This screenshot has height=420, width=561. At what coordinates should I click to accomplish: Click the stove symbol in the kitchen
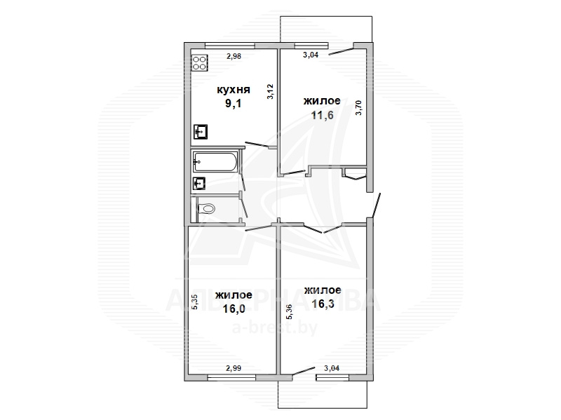coord(200,62)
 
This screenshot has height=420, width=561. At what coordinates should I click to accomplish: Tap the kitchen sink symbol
coord(201,131)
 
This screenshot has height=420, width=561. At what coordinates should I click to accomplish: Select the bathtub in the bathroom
coord(215,162)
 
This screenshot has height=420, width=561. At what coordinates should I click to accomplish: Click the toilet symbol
coord(205,208)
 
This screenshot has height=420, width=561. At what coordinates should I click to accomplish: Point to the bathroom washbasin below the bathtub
coord(199,184)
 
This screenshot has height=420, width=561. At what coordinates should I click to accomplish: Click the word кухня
coord(234,90)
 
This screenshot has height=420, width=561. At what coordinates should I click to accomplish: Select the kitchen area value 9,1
coord(234,104)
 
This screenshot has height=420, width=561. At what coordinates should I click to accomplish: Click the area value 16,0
coord(234,309)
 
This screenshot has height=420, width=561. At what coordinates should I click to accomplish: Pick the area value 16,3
coord(323,304)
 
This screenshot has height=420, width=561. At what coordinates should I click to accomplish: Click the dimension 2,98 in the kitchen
coord(234,56)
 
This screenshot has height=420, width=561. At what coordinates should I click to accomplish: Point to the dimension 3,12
coord(270,92)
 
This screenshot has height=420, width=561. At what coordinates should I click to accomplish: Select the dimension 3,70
coord(358,108)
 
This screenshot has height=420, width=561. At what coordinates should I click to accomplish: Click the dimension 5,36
coord(290,311)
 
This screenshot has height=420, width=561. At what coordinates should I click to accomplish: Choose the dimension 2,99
coord(234,368)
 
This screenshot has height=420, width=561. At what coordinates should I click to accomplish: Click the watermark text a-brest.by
coord(275,327)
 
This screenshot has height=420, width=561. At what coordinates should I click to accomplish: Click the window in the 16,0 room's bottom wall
coord(231,377)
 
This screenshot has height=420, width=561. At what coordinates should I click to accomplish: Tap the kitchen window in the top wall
coord(230,46)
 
